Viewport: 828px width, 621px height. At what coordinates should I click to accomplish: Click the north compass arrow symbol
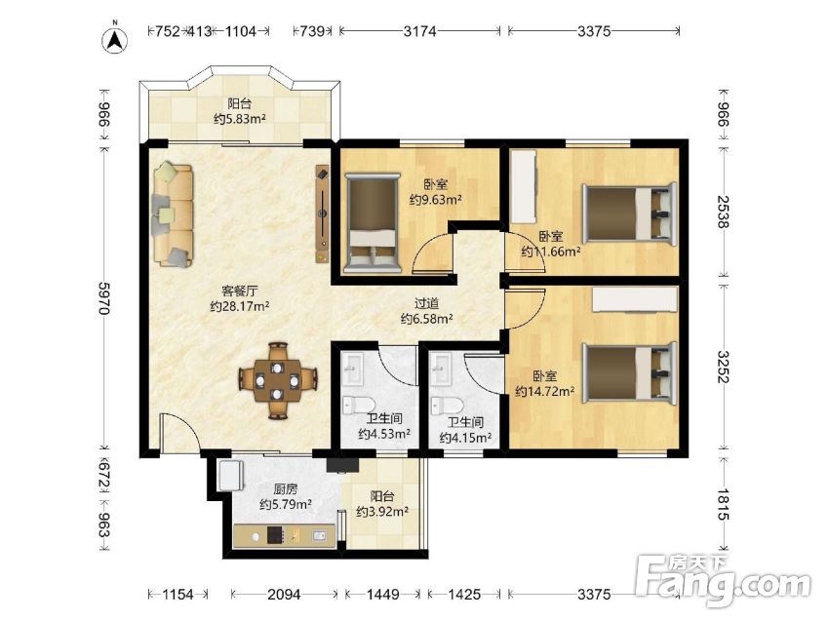click(115, 39)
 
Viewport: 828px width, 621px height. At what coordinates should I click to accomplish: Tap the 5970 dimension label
click(104, 298)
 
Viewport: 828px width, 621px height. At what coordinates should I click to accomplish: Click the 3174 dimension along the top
click(419, 31)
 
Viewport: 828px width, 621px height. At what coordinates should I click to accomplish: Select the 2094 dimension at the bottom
click(284, 595)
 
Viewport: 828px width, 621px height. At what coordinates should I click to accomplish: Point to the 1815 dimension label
click(723, 504)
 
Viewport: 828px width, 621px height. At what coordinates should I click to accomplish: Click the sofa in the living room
click(173, 214)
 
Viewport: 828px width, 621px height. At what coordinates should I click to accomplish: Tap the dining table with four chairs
click(277, 380)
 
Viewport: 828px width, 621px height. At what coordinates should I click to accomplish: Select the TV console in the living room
click(322, 213)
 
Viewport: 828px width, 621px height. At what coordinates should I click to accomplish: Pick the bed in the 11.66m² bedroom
click(629, 213)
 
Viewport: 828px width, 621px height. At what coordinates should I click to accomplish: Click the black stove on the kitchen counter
click(275, 535)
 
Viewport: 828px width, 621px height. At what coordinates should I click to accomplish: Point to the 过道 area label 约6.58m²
click(426, 319)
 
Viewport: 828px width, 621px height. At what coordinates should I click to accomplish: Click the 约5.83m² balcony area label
click(239, 119)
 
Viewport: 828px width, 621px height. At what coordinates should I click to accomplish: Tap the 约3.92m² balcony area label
click(381, 512)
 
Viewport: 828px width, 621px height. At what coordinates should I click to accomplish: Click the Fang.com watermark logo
click(723, 581)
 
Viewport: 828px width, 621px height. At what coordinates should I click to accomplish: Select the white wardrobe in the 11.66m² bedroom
click(524, 187)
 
